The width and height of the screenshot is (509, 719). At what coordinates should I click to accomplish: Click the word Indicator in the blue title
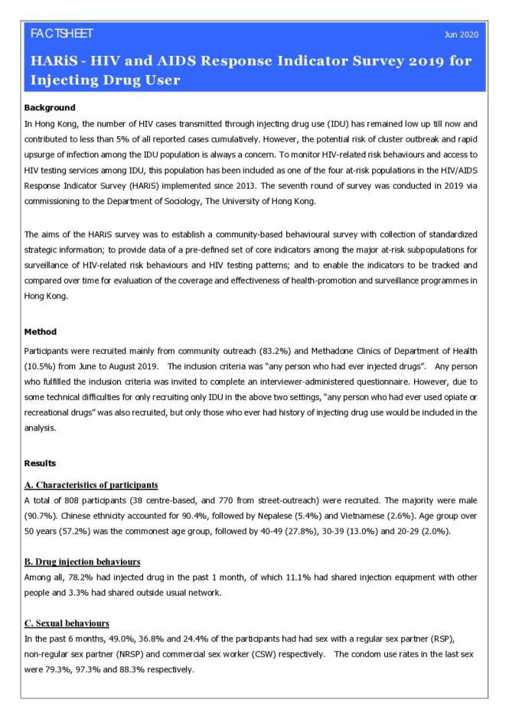tap(282, 60)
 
